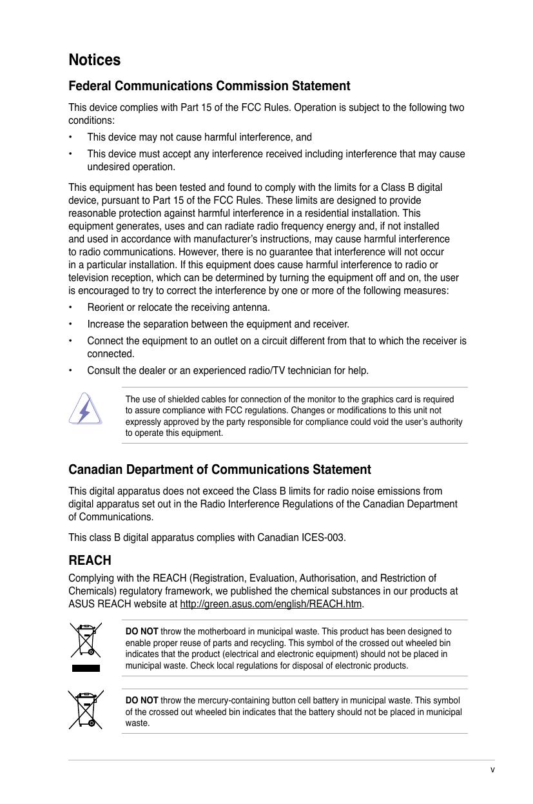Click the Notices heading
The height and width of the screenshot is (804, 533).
pyautogui.click(x=94, y=60)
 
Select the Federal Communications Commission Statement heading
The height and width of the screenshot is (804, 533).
pyautogui.click(x=209, y=86)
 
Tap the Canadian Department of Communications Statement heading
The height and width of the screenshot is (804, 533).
pyautogui.click(x=219, y=469)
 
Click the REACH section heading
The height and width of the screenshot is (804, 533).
pyautogui.click(x=90, y=560)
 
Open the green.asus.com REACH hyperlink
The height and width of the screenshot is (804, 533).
pyautogui.click(x=271, y=604)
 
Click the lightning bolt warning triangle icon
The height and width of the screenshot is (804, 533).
pyautogui.click(x=85, y=408)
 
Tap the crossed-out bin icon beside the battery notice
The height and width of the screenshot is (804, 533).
pyautogui.click(x=86, y=709)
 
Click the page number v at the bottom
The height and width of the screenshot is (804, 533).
pyautogui.click(x=492, y=769)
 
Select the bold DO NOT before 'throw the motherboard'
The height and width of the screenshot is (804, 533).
pyautogui.click(x=142, y=631)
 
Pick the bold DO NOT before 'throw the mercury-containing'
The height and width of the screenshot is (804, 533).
pyautogui.click(x=142, y=700)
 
